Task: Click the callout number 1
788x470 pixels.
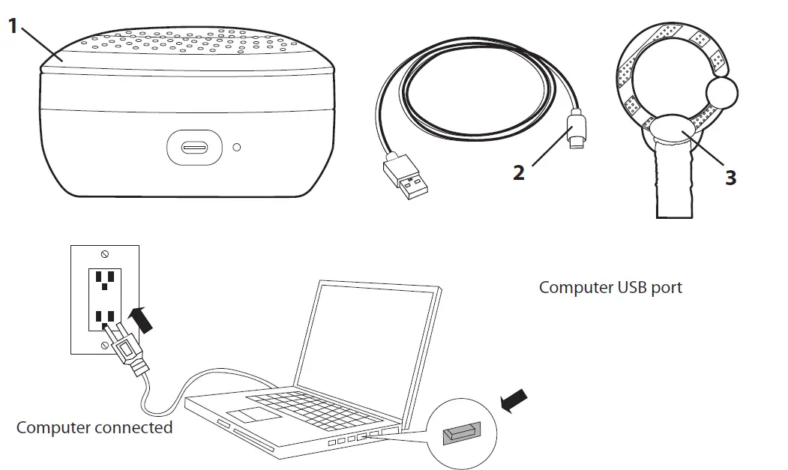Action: pos(13,25)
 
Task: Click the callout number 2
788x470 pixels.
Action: pos(519,172)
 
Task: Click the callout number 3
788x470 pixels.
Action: pos(731,178)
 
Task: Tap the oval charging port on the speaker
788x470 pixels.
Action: pos(194,147)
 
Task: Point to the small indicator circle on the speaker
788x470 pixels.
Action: pos(237,147)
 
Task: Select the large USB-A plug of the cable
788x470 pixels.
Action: pos(406,177)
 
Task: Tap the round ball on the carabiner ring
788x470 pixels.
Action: pos(722,93)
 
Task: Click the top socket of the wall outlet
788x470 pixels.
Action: pos(105,279)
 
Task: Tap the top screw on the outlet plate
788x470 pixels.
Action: pos(105,254)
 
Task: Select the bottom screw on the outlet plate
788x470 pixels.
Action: pos(104,346)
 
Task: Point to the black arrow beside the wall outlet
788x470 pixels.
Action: pos(141,319)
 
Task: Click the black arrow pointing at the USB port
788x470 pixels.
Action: pos(514,401)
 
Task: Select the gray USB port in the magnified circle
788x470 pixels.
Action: pos(462,433)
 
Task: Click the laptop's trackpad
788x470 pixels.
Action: pos(253,415)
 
